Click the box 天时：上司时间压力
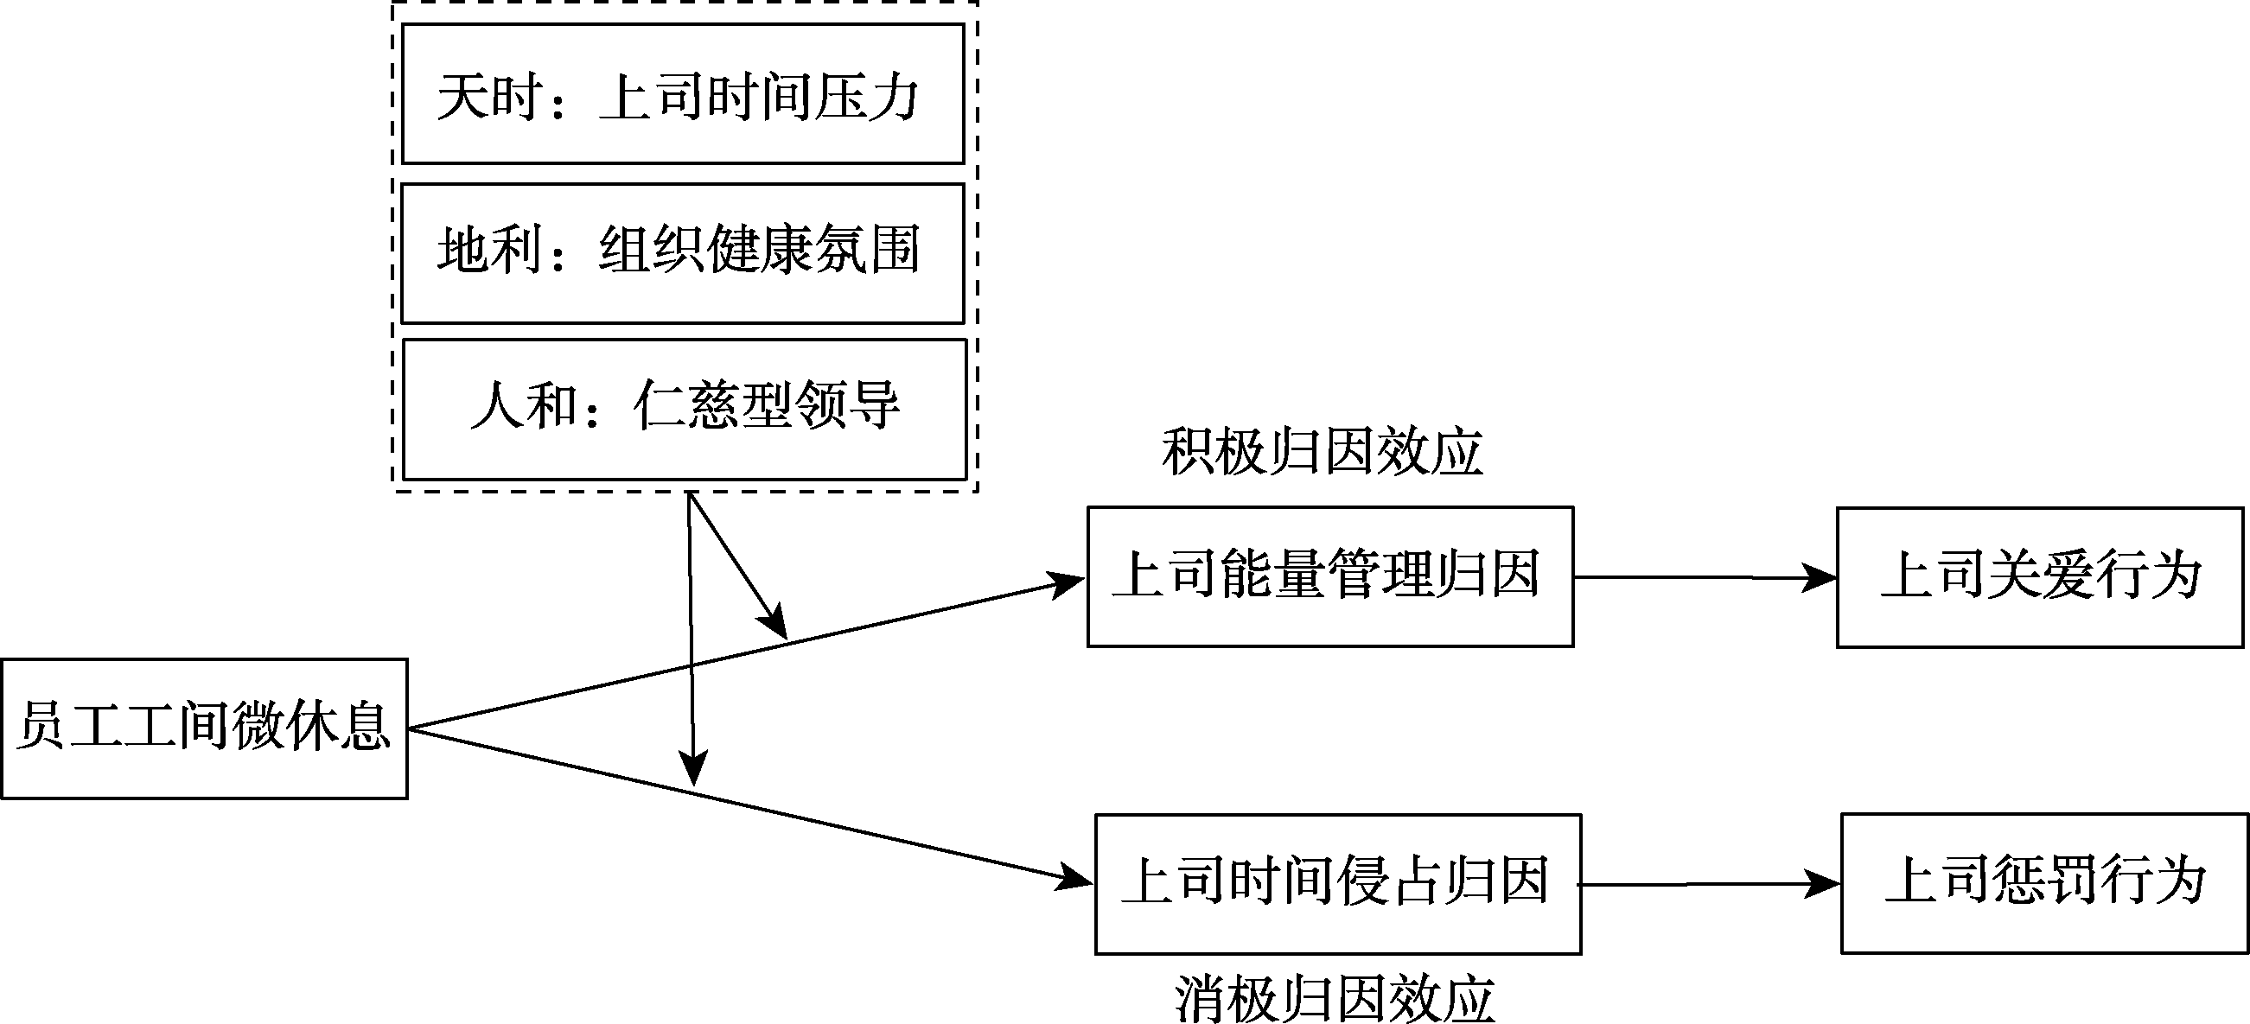(x=682, y=93)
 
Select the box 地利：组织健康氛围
(x=682, y=253)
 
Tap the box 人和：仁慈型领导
(x=684, y=409)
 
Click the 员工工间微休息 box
(x=204, y=728)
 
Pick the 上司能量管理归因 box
(x=1329, y=576)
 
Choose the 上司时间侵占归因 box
(x=1337, y=883)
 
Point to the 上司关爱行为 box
(x=2039, y=577)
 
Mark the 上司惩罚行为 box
(x=2044, y=882)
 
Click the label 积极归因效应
(x=1322, y=453)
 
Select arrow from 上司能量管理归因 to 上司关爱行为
(x=1703, y=577)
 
